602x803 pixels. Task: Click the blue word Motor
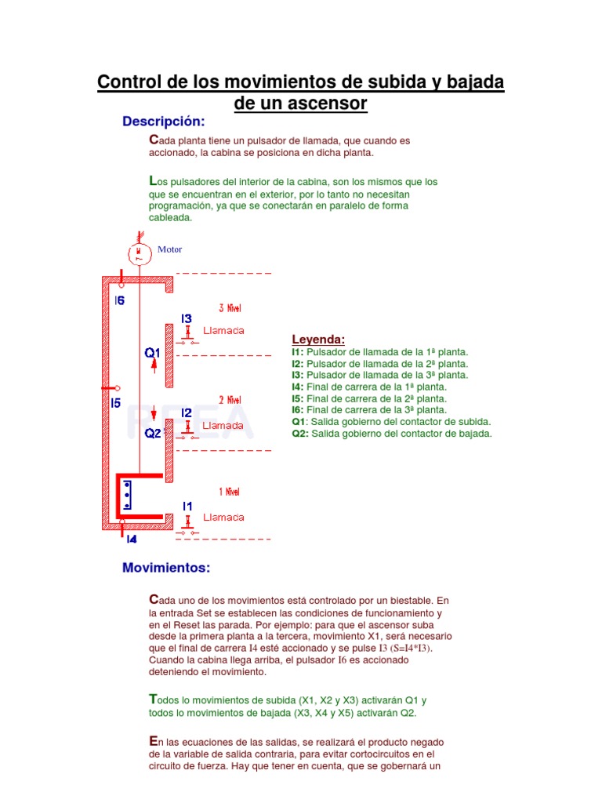(x=169, y=249)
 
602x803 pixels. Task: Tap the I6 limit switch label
(x=120, y=300)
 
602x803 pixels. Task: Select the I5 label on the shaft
(x=115, y=404)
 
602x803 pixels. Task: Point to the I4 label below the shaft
(x=131, y=539)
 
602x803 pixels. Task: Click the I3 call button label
(x=187, y=318)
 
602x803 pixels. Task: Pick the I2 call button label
(x=187, y=412)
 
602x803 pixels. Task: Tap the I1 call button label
(x=187, y=507)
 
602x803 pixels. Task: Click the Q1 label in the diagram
(x=152, y=353)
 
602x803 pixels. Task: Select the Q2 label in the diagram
(x=152, y=432)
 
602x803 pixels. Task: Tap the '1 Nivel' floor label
(x=229, y=492)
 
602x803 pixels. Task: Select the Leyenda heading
(x=318, y=340)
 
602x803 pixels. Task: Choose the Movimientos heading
(x=166, y=567)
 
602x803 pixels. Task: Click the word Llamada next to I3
(x=223, y=331)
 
